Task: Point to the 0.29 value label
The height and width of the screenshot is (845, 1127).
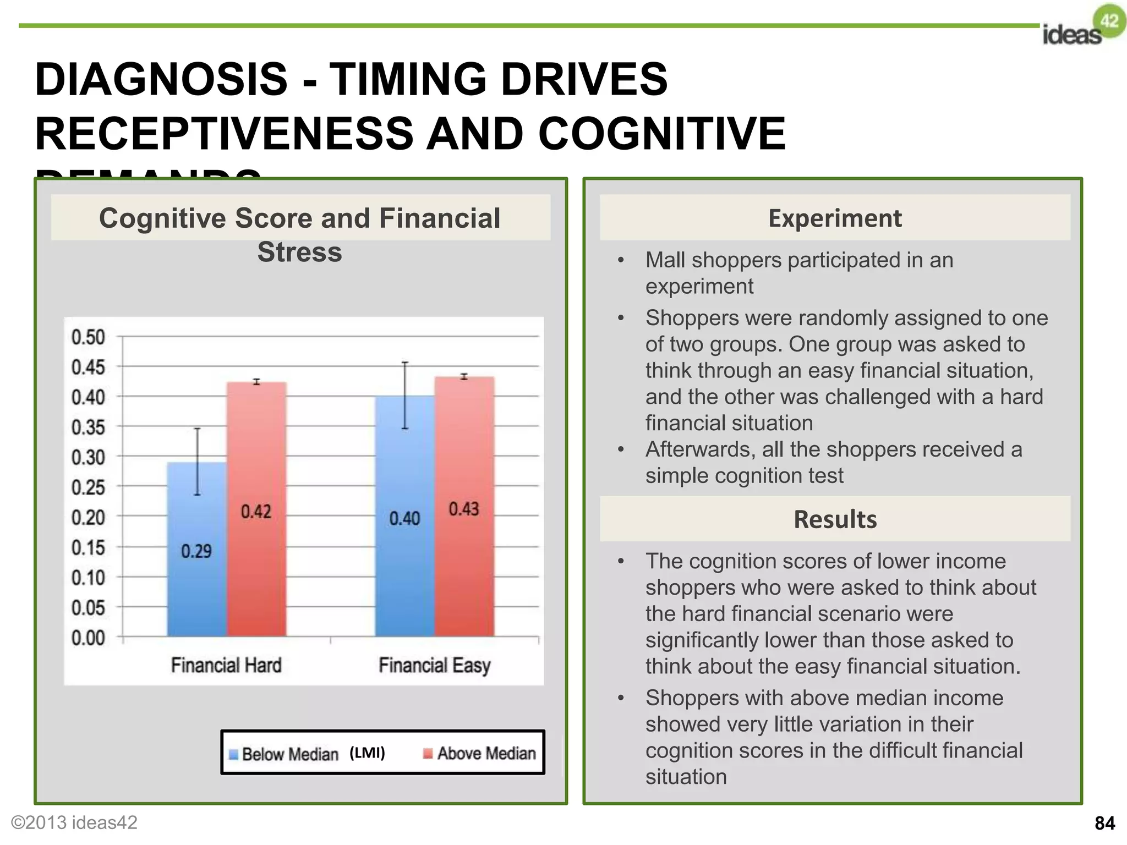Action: (196, 551)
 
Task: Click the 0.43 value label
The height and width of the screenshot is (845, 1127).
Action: (464, 509)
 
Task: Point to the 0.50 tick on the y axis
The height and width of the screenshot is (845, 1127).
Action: (88, 337)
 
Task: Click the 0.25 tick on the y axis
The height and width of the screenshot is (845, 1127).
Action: (88, 487)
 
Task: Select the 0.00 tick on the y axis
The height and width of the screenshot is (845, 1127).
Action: (88, 638)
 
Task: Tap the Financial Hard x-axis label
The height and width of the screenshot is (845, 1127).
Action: (226, 665)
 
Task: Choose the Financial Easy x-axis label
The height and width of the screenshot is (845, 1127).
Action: (434, 665)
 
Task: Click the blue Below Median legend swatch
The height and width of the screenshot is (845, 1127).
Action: (233, 754)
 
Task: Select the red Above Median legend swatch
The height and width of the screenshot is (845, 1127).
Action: (428, 754)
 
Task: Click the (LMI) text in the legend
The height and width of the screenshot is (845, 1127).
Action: (367, 753)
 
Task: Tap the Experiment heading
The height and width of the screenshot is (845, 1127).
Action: (835, 218)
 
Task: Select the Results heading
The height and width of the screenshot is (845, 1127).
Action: (835, 519)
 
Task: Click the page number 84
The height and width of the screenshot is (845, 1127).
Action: (1104, 823)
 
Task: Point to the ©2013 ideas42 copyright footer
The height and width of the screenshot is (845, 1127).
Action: (74, 822)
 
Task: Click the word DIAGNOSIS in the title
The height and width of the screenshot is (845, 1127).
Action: (161, 79)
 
